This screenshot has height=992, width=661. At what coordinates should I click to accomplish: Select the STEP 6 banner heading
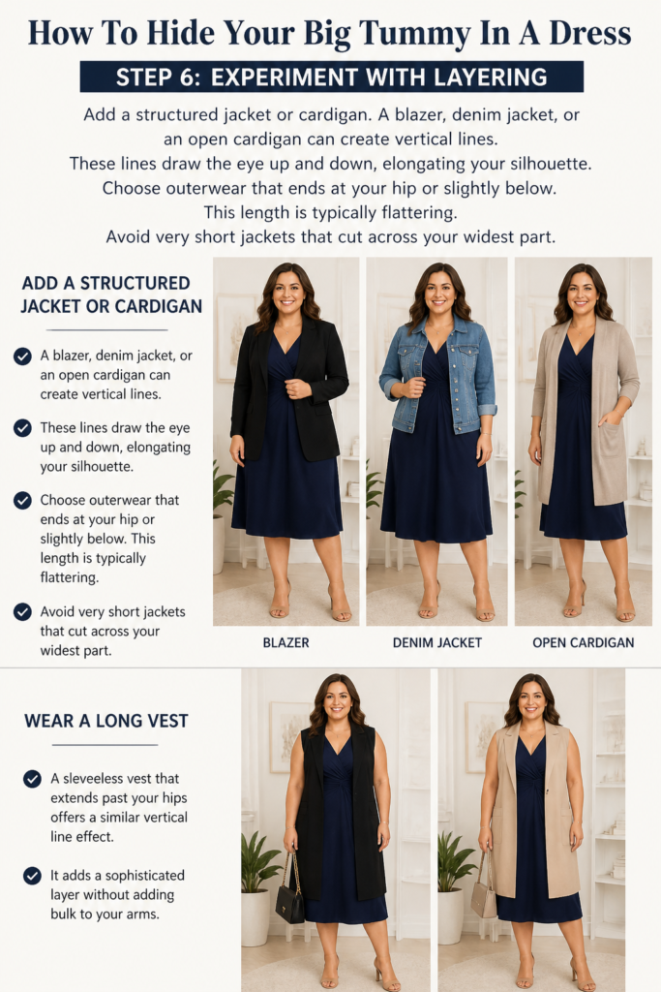coord(332,77)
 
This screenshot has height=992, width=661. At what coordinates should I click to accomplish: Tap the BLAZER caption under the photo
coord(285,643)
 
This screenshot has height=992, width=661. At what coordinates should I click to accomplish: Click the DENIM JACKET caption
coord(436,643)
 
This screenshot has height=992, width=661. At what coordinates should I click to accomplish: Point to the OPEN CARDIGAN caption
coord(583,643)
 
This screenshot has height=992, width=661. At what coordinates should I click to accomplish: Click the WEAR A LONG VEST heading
coord(106,721)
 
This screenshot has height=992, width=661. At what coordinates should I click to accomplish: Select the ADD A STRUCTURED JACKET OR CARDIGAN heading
coord(111,294)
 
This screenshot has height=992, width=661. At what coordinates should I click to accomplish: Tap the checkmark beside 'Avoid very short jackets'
coord(23,612)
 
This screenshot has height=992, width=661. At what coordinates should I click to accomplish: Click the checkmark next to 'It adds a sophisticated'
coord(32,876)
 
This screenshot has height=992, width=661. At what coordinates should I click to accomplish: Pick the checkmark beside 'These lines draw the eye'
coord(23,428)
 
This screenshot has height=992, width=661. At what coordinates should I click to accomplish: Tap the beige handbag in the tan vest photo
coord(485,898)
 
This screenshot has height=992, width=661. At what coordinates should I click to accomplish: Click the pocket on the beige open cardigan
coord(611,443)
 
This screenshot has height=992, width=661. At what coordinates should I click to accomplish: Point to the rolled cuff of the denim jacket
coord(487,410)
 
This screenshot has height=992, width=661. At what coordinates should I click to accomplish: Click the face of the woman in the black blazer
coord(288,293)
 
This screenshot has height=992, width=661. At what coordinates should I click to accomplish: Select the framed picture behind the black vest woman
coord(284,737)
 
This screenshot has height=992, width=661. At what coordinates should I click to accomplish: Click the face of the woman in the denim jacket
coord(439,293)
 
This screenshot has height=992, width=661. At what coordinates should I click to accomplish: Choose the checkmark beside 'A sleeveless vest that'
coord(32,779)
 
